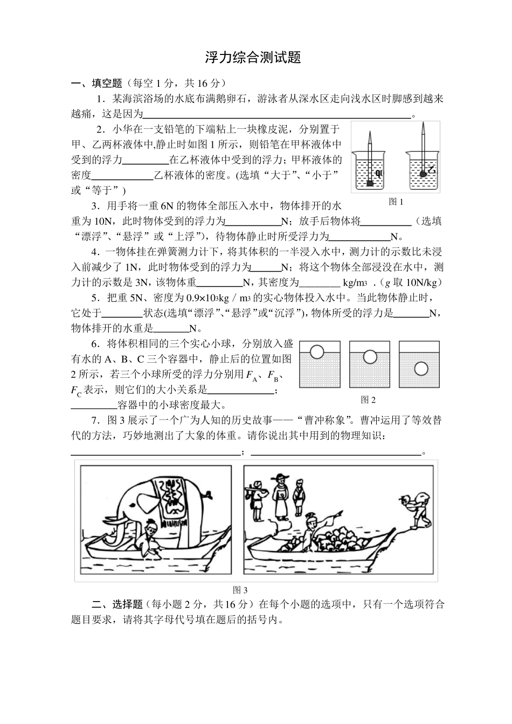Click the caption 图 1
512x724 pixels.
pyautogui.click(x=396, y=202)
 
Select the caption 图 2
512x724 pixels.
pyautogui.click(x=368, y=399)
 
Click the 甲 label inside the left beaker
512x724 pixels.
pyautogui.click(x=378, y=173)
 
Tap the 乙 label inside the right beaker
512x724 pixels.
pyautogui.click(x=432, y=171)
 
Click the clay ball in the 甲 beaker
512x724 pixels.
pyautogui.click(x=370, y=184)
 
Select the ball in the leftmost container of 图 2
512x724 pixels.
pyautogui.click(x=317, y=352)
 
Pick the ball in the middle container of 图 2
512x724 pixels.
pyautogui.click(x=370, y=356)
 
